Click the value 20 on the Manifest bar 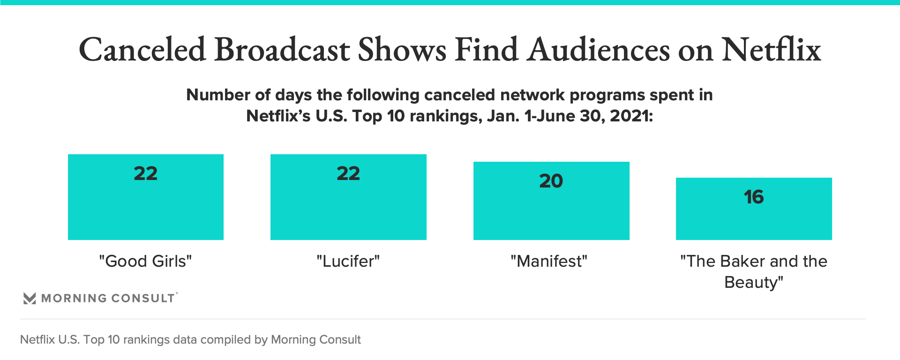click(x=551, y=181)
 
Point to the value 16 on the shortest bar click(x=754, y=197)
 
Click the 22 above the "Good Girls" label click(x=145, y=173)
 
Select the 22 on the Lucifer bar click(x=348, y=173)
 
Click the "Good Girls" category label click(x=145, y=261)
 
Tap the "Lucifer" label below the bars click(x=348, y=261)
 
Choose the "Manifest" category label click(x=549, y=261)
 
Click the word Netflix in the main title click(x=771, y=50)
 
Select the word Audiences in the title click(x=599, y=50)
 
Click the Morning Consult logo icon click(x=30, y=298)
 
